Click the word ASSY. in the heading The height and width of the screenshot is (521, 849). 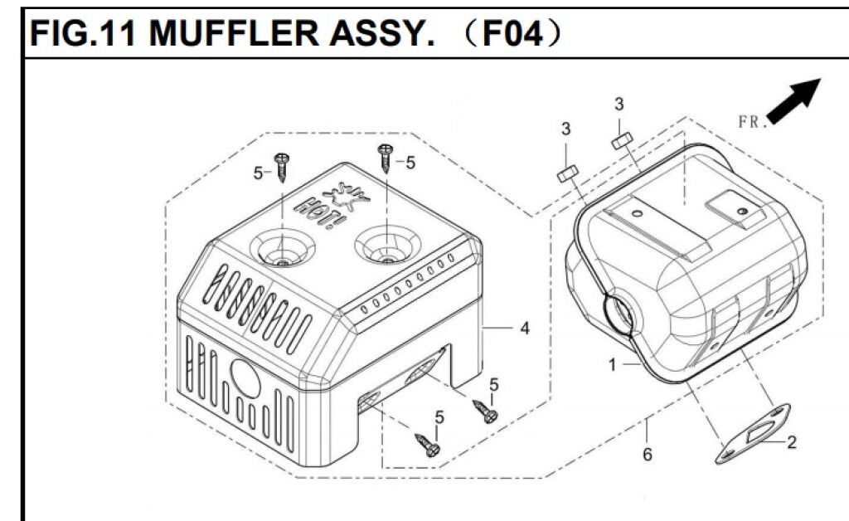pyautogui.click(x=373, y=35)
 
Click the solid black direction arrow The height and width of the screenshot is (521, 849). pyautogui.click(x=794, y=100)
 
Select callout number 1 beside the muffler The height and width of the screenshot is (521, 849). pyautogui.click(x=612, y=363)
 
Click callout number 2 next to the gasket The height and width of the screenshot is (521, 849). pyautogui.click(x=791, y=443)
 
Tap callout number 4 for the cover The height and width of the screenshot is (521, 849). pyautogui.click(x=524, y=329)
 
